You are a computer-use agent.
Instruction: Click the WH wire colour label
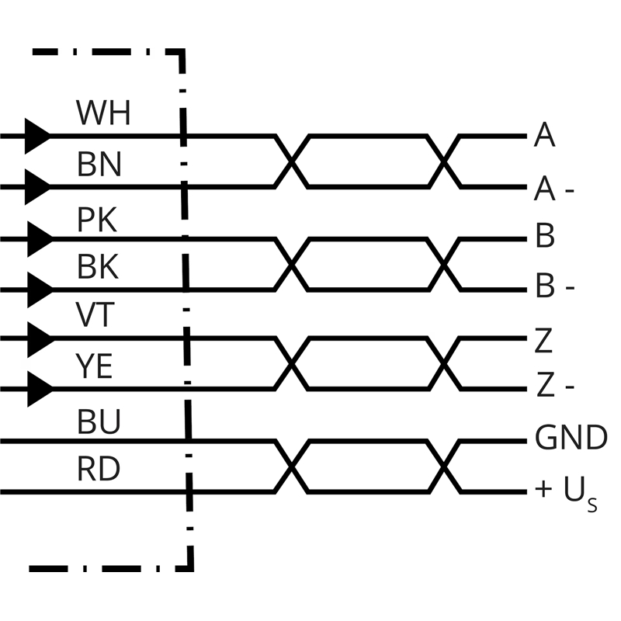click(103, 114)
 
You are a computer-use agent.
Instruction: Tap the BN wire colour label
click(99, 165)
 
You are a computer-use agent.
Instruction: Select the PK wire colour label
click(97, 220)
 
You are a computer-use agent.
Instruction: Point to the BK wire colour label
click(98, 268)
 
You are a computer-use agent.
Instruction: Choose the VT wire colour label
click(95, 317)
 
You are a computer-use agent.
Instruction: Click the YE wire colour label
click(95, 366)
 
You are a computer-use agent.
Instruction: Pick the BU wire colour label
click(99, 422)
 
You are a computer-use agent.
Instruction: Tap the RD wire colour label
click(99, 470)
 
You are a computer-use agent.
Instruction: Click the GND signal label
click(571, 439)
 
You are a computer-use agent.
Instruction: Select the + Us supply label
click(566, 491)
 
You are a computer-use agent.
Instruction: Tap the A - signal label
click(554, 189)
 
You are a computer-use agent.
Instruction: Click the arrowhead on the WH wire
click(36, 137)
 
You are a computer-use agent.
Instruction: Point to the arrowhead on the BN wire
click(38, 187)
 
